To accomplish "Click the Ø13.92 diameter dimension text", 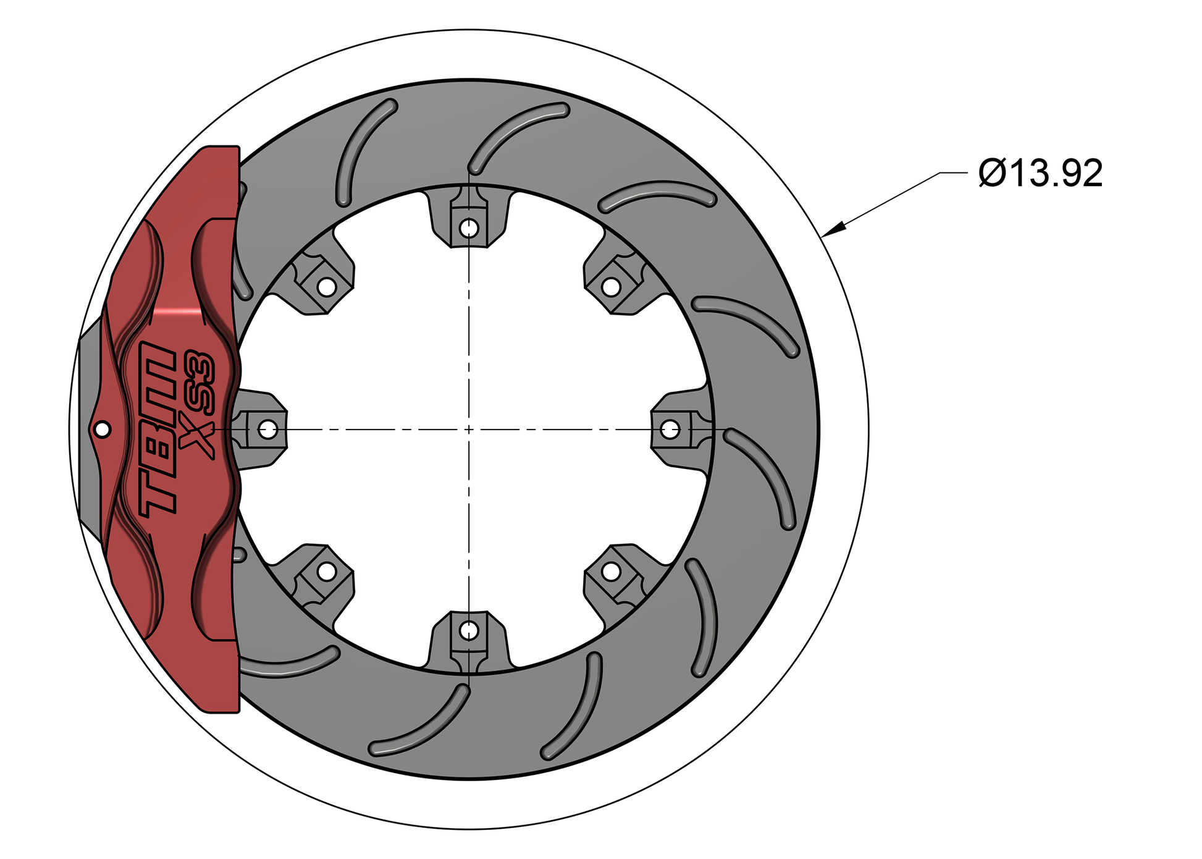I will click(x=1040, y=174).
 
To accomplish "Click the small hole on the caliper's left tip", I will click(x=102, y=429).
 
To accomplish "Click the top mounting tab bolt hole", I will click(x=469, y=228).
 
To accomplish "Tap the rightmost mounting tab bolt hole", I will click(x=670, y=429).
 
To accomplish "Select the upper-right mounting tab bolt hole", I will click(x=611, y=287).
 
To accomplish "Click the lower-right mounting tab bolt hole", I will click(x=611, y=572).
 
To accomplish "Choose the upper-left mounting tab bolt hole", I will click(x=326, y=287).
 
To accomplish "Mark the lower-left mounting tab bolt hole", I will click(x=326, y=572).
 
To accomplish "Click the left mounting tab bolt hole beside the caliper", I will click(x=267, y=429).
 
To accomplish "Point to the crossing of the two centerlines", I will click(x=469, y=429).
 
